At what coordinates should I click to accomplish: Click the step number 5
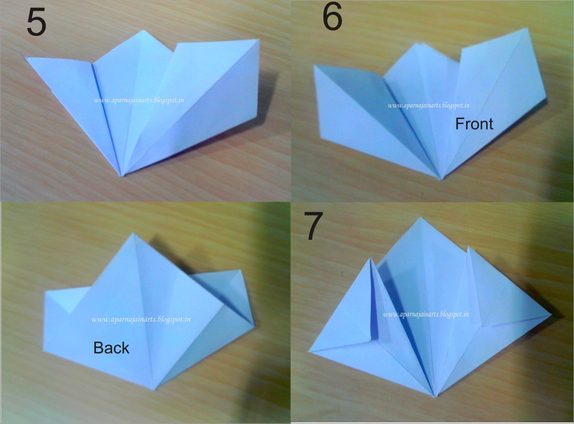36,23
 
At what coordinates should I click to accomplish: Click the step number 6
332,18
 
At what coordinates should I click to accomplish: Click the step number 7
314,226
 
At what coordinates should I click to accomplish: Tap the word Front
474,124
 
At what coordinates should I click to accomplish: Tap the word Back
111,348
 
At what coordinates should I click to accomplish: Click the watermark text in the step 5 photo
139,100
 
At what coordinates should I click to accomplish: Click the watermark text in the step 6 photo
428,105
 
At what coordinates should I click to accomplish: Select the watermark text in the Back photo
141,319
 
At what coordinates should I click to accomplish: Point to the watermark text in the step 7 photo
426,314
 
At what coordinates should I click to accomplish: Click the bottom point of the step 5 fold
122,176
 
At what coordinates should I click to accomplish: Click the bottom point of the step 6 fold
441,179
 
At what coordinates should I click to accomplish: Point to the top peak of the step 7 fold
422,218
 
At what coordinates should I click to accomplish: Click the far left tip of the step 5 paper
26,58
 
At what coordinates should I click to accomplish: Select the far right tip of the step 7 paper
551,315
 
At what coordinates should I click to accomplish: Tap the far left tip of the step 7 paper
309,352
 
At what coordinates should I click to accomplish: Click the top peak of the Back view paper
134,233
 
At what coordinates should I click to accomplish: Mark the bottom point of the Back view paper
155,389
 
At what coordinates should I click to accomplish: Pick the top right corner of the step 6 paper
527,28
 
